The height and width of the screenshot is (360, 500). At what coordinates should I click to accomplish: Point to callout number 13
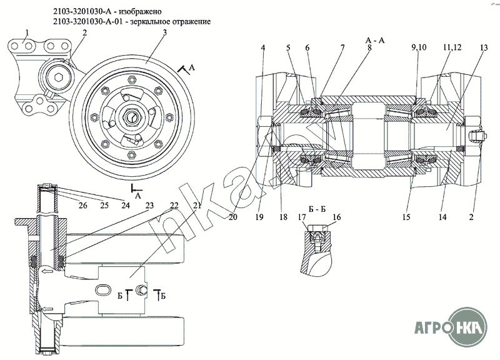(x=483, y=47)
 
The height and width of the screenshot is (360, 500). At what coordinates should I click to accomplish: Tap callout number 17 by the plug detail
(x=301, y=217)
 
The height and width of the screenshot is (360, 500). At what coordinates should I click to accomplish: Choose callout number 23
(x=149, y=204)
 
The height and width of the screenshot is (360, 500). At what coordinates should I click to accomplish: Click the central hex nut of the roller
(x=134, y=115)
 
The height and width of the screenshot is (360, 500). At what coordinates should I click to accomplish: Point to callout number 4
(x=264, y=47)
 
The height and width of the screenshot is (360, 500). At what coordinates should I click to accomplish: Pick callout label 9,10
(x=418, y=47)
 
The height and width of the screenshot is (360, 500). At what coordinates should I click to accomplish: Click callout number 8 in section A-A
(x=369, y=47)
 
